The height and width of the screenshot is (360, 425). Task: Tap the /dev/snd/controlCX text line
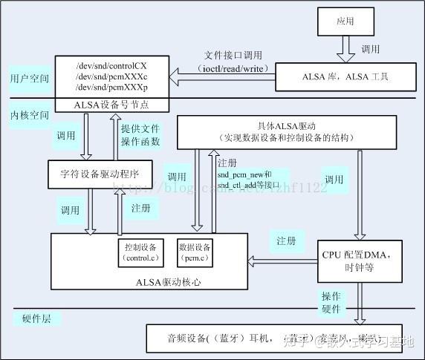(111, 65)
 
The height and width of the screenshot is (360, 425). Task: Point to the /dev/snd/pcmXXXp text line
(111, 88)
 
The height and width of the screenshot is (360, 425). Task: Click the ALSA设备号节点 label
(111, 105)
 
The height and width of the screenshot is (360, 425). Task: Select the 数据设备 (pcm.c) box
(195, 251)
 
